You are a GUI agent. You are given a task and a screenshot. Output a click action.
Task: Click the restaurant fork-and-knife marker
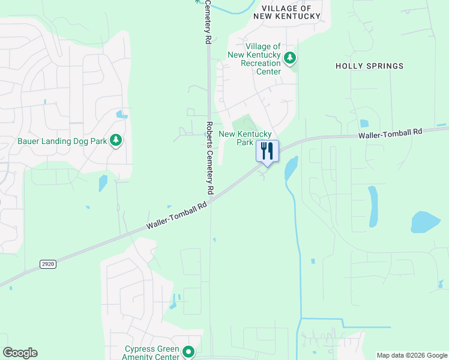(x=267, y=150)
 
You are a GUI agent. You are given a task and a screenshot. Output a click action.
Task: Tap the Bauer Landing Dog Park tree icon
(x=116, y=141)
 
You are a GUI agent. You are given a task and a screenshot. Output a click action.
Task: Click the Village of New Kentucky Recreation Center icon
(x=291, y=58)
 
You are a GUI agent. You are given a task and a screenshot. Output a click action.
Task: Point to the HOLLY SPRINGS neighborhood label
(x=369, y=66)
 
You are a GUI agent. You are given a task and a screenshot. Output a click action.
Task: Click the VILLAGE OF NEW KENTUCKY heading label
(x=287, y=12)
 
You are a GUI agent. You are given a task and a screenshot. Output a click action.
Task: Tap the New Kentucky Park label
(x=246, y=138)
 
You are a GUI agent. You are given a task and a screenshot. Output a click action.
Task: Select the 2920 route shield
(x=47, y=264)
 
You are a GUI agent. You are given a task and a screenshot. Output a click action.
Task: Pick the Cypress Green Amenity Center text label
(x=152, y=353)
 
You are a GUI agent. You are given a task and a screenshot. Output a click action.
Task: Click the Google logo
(x=20, y=353)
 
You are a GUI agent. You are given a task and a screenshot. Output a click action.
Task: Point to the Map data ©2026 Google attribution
(x=411, y=355)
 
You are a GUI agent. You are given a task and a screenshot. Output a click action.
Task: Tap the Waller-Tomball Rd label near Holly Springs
(x=390, y=134)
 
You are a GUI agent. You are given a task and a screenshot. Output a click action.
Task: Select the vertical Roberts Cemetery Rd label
(x=209, y=157)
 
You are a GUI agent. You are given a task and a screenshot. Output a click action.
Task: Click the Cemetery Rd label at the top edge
(x=208, y=21)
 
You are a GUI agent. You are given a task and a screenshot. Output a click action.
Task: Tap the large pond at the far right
(x=426, y=222)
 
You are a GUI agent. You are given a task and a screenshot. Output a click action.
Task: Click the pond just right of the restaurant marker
(x=291, y=169)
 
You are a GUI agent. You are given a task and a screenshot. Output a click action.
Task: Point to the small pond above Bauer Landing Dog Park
(x=122, y=114)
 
